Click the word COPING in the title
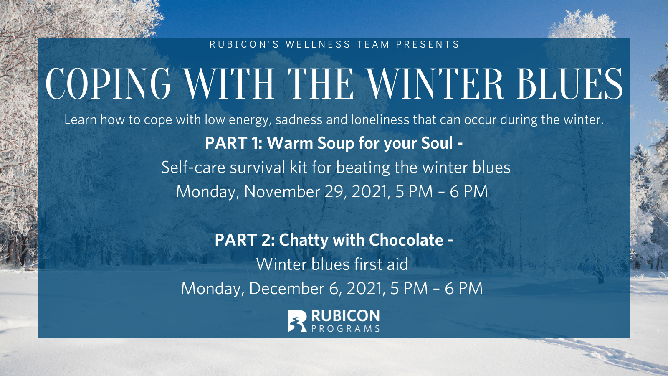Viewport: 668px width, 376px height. (108, 83)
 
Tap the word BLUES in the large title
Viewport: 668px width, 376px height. (569, 83)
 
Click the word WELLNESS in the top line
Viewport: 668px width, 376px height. (318, 44)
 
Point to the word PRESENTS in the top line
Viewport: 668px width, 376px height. (428, 44)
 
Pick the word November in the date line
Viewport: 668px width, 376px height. (282, 191)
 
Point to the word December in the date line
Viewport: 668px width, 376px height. (286, 289)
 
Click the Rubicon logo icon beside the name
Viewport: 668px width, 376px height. (297, 321)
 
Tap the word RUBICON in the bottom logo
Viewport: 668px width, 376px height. (345, 316)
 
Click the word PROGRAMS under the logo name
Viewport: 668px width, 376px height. (345, 328)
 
